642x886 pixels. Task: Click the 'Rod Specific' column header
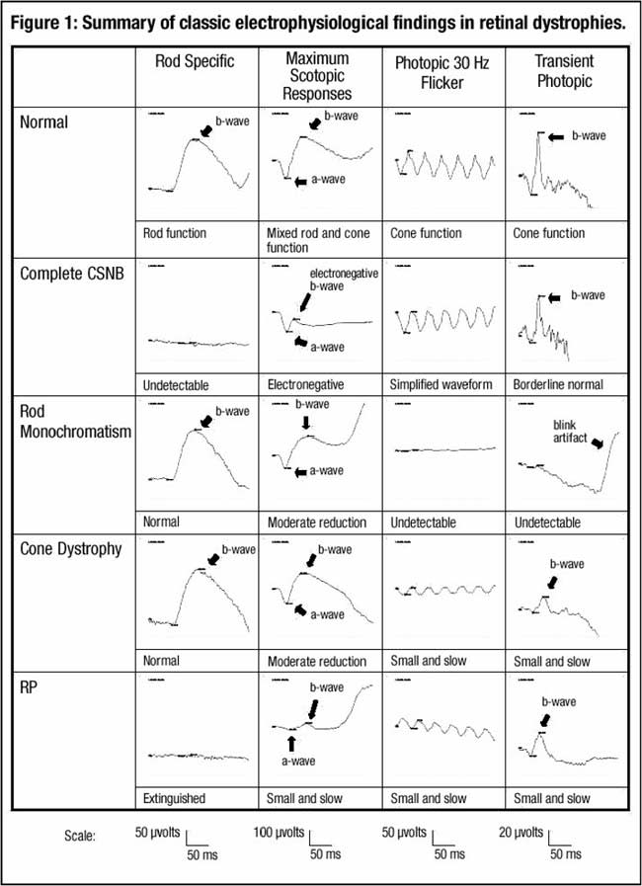(195, 61)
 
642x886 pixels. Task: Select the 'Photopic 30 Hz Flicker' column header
(441, 70)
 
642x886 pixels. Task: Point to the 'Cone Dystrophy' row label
(71, 549)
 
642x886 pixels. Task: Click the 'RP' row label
(32, 685)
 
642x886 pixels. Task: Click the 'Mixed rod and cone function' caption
(311, 240)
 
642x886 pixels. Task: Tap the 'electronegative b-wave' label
(344, 282)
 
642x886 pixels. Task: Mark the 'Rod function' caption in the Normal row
(174, 233)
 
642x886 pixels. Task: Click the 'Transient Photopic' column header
(563, 70)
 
